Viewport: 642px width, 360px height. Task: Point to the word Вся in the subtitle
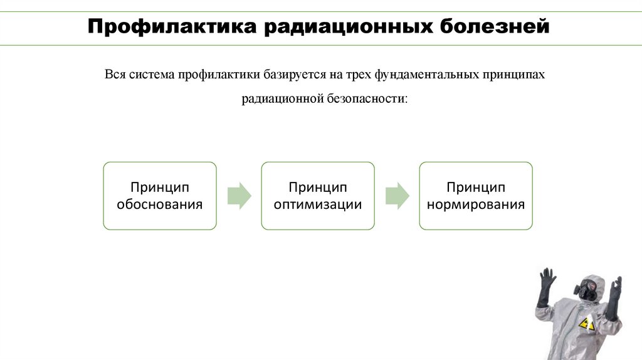pyautogui.click(x=115, y=75)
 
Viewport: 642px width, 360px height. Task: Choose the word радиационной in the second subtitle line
pyautogui.click(x=282, y=99)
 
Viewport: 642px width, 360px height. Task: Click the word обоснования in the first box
pyautogui.click(x=160, y=204)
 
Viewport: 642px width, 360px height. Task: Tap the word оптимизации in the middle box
pyautogui.click(x=318, y=204)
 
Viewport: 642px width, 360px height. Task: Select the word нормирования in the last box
pyautogui.click(x=476, y=204)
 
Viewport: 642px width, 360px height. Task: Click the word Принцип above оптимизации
pyautogui.click(x=318, y=188)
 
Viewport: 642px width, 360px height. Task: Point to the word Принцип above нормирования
pyautogui.click(x=476, y=188)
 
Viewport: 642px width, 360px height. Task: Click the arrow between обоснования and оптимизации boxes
pyautogui.click(x=239, y=196)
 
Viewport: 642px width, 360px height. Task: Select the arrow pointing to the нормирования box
pyautogui.click(x=397, y=196)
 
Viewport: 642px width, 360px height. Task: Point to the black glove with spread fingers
pyautogui.click(x=547, y=280)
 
